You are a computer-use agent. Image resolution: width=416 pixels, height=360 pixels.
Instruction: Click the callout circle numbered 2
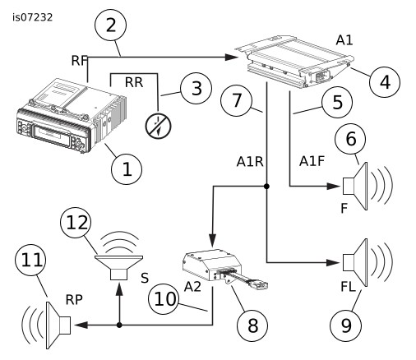click(110, 25)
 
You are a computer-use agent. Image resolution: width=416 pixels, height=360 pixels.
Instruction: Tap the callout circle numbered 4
click(385, 81)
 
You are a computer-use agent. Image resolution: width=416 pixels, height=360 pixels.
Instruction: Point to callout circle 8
click(252, 325)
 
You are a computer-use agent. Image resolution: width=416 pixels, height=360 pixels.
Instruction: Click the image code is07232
click(32, 17)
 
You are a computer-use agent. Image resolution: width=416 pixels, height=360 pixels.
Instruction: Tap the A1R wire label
click(250, 162)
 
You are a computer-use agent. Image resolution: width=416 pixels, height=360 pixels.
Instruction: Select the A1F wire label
click(312, 161)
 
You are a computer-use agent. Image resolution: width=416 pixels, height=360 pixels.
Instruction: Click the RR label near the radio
click(134, 82)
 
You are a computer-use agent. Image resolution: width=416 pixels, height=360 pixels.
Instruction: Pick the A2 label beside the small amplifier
click(192, 287)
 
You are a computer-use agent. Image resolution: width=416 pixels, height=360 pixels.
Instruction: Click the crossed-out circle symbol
click(158, 127)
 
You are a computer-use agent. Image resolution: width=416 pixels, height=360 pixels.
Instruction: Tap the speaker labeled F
click(367, 187)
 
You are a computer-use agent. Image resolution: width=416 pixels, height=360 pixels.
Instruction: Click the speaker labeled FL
click(367, 262)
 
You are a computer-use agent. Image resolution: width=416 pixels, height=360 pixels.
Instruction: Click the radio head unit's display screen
click(51, 133)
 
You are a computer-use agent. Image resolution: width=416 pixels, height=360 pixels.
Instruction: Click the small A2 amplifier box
click(211, 265)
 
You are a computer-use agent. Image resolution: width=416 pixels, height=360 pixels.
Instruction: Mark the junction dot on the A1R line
click(266, 187)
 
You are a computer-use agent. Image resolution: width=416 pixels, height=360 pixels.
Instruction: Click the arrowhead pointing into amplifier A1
click(231, 58)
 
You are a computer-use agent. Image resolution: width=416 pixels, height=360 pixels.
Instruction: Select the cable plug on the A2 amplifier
click(259, 284)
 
